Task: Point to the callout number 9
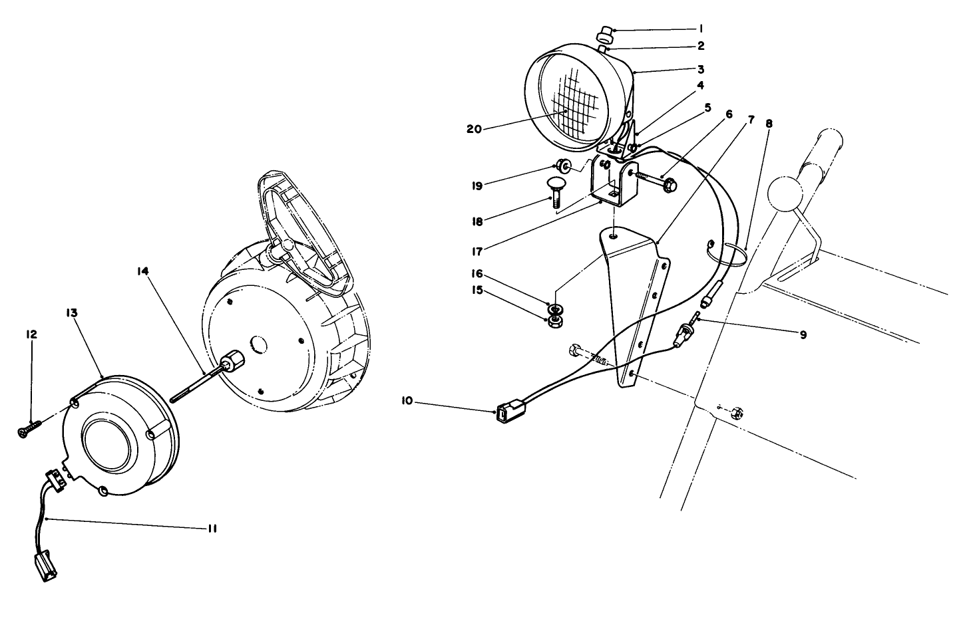pyautogui.click(x=803, y=335)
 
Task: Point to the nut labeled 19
pyautogui.click(x=563, y=165)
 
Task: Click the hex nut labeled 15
pyautogui.click(x=552, y=322)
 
